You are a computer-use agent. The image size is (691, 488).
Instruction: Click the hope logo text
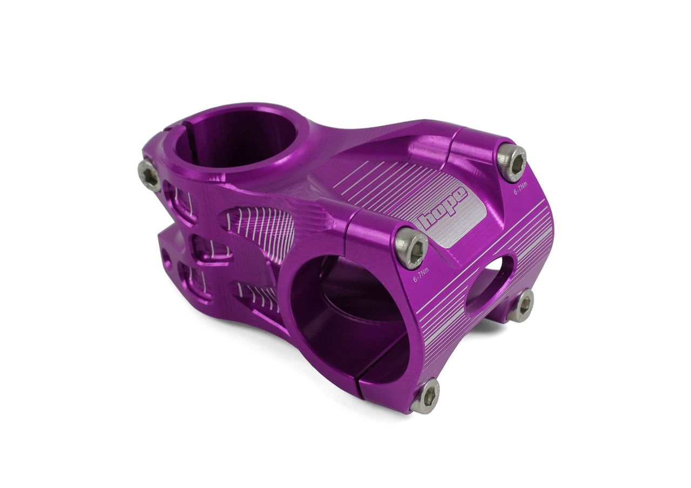coord(443,208)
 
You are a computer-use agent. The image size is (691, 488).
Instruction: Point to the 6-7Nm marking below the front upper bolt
coord(421,275)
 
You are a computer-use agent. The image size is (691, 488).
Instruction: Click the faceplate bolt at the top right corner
coord(512,162)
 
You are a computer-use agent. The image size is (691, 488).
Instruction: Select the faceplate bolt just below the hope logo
coord(411,248)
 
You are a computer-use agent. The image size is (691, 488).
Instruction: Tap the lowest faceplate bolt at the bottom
coord(425,396)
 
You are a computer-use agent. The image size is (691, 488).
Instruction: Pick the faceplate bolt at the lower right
coord(521,305)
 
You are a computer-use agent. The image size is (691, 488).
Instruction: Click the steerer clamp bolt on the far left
coord(149,175)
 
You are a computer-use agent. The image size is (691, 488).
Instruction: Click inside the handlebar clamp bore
coord(345,319)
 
